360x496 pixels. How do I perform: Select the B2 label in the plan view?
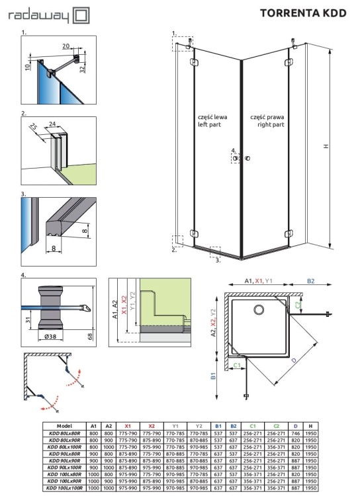[313, 281]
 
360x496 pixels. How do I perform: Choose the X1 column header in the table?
[128, 427]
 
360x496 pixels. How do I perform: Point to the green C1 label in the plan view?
[237, 364]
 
